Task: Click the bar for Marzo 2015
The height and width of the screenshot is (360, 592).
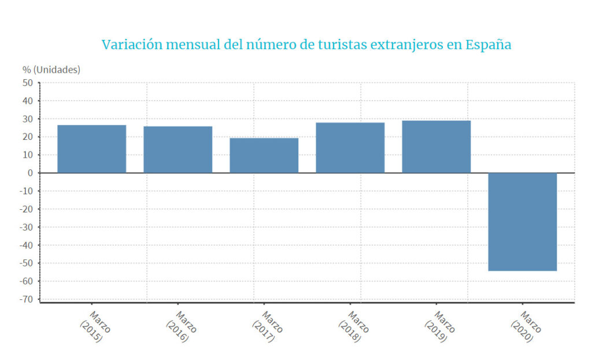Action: (91, 149)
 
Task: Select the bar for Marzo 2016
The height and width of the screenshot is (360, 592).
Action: (177, 150)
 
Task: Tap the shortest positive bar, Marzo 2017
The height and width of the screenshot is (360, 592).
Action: (264, 155)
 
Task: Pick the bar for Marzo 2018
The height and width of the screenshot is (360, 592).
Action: (350, 147)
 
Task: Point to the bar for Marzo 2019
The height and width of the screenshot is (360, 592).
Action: (436, 147)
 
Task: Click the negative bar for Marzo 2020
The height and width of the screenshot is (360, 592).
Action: (522, 222)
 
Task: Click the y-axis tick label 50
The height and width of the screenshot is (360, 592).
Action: (28, 83)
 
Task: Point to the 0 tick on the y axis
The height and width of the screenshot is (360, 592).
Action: (31, 173)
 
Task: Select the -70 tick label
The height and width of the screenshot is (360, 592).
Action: (25, 299)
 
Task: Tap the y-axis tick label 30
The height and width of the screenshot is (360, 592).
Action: (28, 119)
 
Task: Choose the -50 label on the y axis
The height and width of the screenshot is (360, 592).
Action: (25, 263)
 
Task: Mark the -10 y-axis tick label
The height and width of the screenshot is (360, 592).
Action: (25, 191)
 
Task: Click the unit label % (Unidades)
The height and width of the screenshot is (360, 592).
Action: (51, 69)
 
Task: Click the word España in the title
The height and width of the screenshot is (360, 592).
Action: (488, 45)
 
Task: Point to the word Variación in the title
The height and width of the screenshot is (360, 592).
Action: (131, 44)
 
